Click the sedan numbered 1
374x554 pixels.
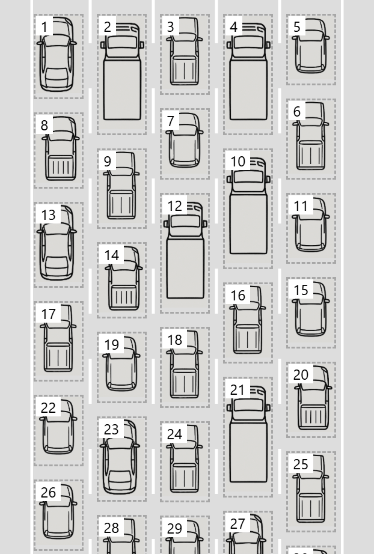pyautogui.click(x=58, y=55)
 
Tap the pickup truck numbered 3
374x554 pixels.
pyautogui.click(x=185, y=52)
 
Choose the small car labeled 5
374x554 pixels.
pyautogui.click(x=311, y=48)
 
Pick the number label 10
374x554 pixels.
pyautogui.click(x=238, y=161)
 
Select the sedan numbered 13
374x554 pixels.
pyautogui.click(x=58, y=243)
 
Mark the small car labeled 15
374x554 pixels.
pyautogui.click(x=311, y=311)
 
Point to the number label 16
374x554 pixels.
pyautogui.click(x=238, y=295)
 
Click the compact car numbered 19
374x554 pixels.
pyautogui.click(x=121, y=365)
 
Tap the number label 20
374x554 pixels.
pyautogui.click(x=301, y=374)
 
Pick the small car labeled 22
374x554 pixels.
pyautogui.click(x=58, y=428)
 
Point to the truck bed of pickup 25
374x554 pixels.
pyautogui.click(x=311, y=507)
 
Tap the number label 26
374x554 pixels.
pyautogui.click(x=48, y=492)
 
